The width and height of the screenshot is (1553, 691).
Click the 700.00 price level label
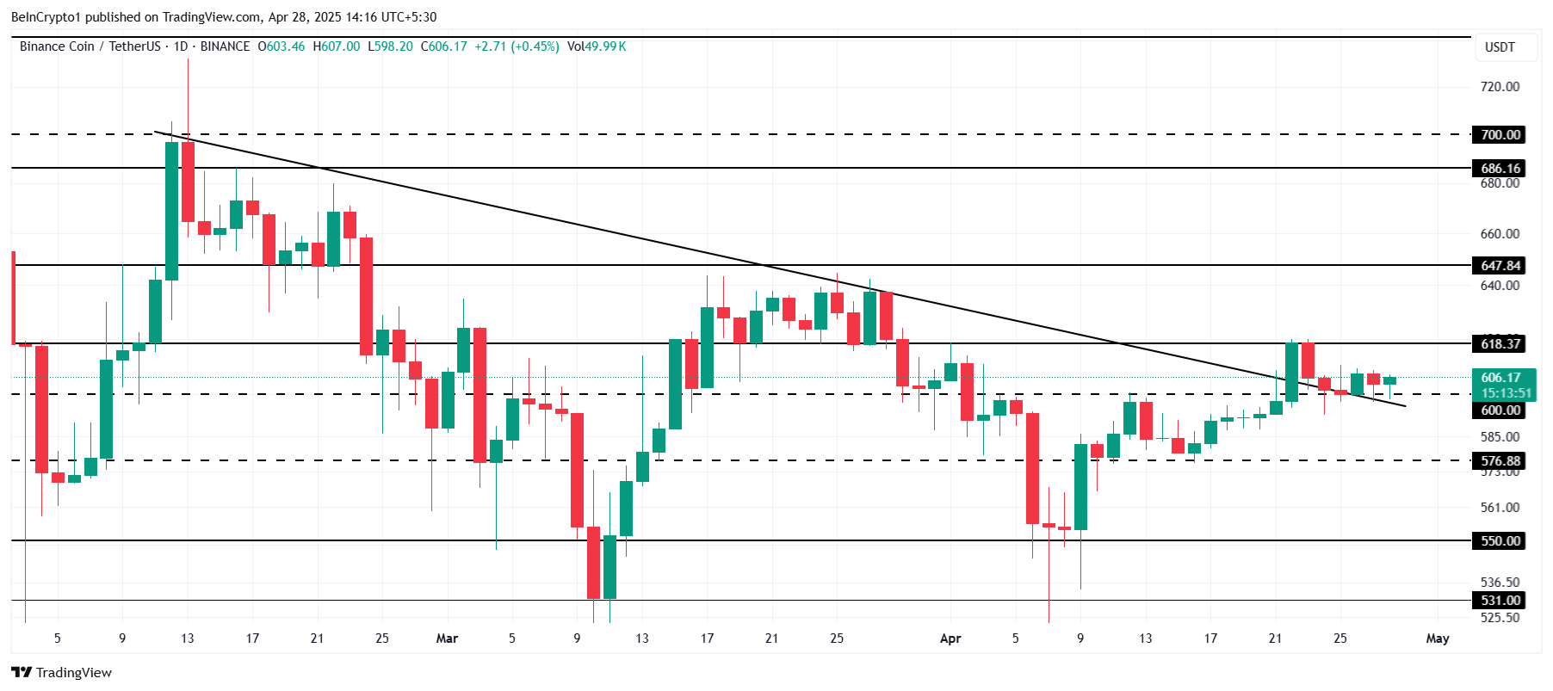coord(1500,134)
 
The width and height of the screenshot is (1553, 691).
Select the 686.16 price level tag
coord(1500,169)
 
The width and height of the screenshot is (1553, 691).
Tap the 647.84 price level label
coord(1500,266)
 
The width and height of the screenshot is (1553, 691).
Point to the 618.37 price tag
coord(1500,344)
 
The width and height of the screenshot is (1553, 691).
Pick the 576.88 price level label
coord(1500,461)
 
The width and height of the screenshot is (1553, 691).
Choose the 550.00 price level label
coord(1500,541)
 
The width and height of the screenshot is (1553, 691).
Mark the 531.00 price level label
coord(1500,601)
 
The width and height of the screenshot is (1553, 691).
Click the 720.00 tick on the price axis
coord(1500,87)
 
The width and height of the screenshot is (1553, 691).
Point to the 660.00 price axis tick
coord(1500,234)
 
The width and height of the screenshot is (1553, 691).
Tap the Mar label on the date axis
coord(447,639)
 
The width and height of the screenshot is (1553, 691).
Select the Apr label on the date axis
coord(950,639)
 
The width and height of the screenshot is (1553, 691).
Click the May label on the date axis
coord(1437,639)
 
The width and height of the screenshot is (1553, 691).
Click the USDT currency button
coord(1500,47)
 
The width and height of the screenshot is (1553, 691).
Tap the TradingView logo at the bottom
coord(61,673)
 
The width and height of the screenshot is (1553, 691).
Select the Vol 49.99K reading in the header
coord(597,46)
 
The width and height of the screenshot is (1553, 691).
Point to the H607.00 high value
coord(337,46)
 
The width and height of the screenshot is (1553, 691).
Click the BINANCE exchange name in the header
coord(225,46)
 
